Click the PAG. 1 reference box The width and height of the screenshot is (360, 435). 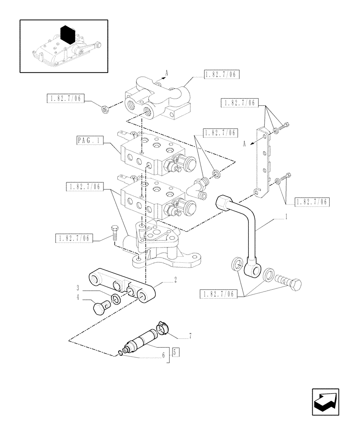(90, 141)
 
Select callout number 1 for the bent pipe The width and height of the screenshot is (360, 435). (286, 216)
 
